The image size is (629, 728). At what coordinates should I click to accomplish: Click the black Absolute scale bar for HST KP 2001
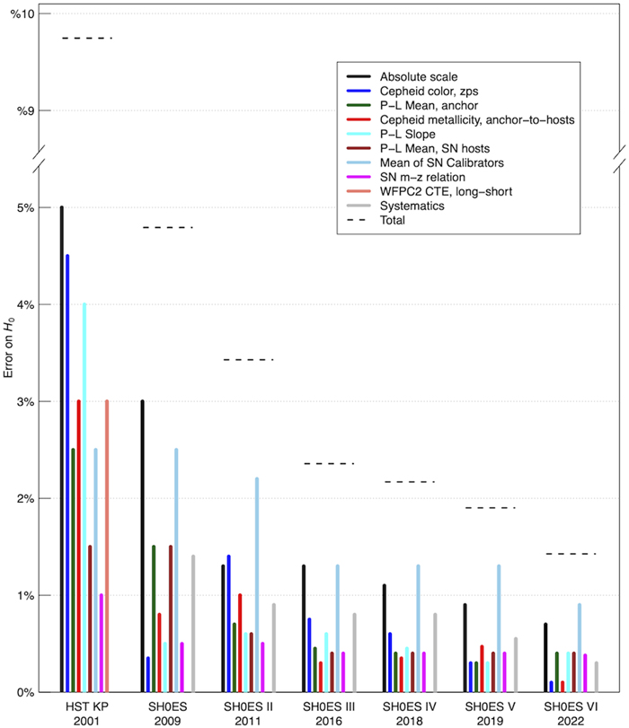(62, 449)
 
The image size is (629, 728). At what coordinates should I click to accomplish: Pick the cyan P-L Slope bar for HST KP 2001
(84, 497)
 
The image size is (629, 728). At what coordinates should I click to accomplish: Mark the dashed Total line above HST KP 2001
(87, 39)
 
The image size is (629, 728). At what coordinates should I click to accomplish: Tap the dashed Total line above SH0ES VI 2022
(571, 554)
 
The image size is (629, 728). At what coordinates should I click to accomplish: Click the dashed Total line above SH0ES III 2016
(329, 463)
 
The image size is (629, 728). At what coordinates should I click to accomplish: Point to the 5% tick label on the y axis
(26, 207)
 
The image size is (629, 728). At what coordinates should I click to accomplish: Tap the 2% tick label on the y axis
(26, 498)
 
